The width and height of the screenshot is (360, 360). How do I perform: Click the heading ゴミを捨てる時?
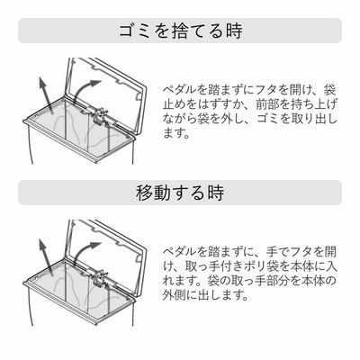(181, 31)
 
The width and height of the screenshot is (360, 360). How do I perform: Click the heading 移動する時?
(180, 193)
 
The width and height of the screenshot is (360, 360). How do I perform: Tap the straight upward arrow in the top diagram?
(46, 95)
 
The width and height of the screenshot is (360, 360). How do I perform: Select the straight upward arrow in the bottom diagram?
(46, 257)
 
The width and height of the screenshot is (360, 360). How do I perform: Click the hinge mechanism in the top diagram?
(100, 116)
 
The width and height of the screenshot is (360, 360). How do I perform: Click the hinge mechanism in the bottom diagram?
(100, 278)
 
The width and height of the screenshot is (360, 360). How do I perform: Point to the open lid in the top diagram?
(106, 93)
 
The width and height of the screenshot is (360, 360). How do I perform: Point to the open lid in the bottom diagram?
(106, 255)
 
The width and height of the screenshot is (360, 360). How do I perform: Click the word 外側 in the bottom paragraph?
(174, 295)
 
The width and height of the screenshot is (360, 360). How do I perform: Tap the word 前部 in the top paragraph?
(266, 104)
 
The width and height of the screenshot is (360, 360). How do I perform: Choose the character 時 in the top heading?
(234, 31)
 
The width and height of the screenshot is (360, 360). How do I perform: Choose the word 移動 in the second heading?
(154, 193)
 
